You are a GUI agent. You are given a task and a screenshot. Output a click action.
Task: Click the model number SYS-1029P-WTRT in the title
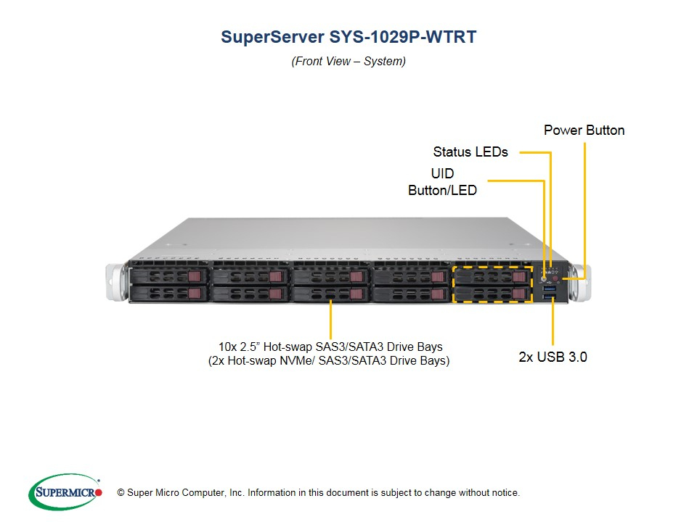pyautogui.click(x=403, y=37)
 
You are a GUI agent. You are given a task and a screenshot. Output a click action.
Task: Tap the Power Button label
pyautogui.click(x=584, y=130)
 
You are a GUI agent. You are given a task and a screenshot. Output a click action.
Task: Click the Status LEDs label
pyautogui.click(x=470, y=152)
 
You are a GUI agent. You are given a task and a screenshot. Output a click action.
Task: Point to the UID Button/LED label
pyautogui.click(x=442, y=181)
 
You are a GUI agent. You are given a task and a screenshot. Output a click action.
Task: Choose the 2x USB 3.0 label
pyautogui.click(x=553, y=357)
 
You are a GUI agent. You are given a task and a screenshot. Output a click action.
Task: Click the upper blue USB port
pyautogui.click(x=550, y=289)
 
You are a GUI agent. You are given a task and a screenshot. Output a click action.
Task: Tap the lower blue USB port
pyautogui.click(x=550, y=297)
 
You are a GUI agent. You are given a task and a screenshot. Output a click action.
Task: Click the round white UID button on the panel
pyautogui.click(x=544, y=279)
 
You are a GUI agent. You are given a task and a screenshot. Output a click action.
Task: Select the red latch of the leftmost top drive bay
pyautogui.click(x=195, y=276)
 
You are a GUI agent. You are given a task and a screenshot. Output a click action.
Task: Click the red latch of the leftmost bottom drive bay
pyautogui.click(x=195, y=293)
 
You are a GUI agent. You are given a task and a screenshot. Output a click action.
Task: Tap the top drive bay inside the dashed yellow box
pyautogui.click(x=492, y=276)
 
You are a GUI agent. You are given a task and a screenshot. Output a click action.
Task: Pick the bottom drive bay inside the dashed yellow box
pyautogui.click(x=492, y=294)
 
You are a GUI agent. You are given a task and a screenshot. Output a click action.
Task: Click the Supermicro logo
pyautogui.click(x=65, y=492)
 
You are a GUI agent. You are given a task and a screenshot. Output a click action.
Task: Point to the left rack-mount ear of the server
pyautogui.click(x=116, y=282)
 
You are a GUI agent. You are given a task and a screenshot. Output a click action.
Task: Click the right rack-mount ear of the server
pyautogui.click(x=580, y=282)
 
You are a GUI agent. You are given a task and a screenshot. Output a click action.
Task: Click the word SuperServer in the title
pyautogui.click(x=272, y=37)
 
